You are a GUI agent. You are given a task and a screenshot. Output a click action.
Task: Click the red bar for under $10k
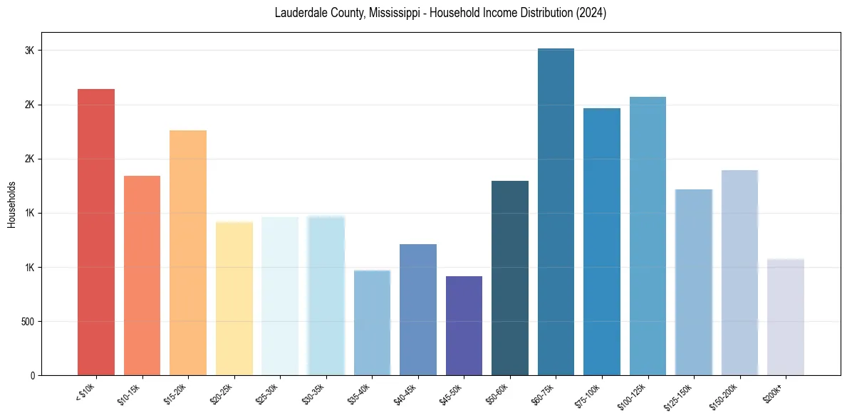95,232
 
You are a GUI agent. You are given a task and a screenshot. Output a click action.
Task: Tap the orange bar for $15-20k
188,253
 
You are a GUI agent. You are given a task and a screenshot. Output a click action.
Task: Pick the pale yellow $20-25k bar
234,298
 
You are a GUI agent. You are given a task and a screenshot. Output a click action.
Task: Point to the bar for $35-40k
372,322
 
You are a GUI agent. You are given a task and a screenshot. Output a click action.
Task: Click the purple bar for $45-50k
464,325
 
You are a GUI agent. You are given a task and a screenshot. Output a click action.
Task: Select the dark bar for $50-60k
510,278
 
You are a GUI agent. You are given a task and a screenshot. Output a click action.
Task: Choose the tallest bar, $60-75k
556,211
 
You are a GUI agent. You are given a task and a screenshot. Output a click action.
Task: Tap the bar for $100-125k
648,236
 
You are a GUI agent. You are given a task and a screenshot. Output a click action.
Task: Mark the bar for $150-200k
739,273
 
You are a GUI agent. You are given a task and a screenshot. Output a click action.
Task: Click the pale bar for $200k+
785,317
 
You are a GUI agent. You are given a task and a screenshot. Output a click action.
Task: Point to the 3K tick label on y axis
30,51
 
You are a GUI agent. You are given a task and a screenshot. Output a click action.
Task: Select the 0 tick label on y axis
33,376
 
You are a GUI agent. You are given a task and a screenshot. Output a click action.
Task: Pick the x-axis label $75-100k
587,396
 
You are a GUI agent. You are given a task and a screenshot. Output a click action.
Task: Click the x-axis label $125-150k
678,397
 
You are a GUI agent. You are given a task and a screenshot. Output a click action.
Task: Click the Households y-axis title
12,204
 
